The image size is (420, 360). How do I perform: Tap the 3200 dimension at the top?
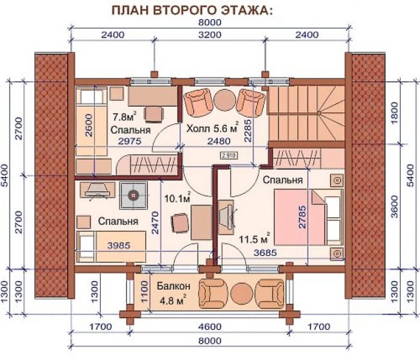click(x=210, y=35)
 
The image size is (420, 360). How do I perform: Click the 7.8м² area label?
click(x=125, y=116)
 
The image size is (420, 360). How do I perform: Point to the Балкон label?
click(x=174, y=286)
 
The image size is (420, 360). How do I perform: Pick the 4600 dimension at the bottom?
click(x=210, y=327)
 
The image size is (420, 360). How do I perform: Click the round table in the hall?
click(x=224, y=100)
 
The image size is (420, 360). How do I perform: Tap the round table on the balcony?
click(x=242, y=293)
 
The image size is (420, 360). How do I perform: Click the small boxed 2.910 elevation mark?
click(x=229, y=155)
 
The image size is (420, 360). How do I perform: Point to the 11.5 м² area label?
click(x=254, y=238)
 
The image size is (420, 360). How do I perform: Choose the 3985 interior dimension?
click(x=119, y=246)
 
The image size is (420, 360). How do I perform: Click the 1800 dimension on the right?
click(x=395, y=112)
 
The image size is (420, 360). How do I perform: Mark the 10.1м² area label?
click(x=178, y=198)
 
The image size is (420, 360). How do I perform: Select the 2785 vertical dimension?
click(x=302, y=217)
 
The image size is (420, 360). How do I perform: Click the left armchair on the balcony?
click(x=213, y=293)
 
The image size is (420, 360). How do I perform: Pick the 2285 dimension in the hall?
click(x=247, y=131)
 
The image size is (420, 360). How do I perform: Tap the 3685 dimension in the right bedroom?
click(x=265, y=253)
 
